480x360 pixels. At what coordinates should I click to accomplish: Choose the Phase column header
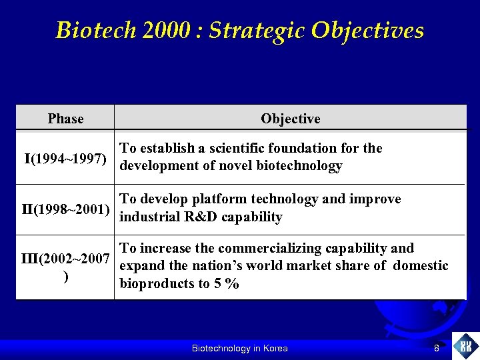pyautogui.click(x=66, y=119)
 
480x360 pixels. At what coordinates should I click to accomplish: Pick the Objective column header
pyautogui.click(x=290, y=119)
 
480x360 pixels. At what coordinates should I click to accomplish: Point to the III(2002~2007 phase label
pyautogui.click(x=65, y=258)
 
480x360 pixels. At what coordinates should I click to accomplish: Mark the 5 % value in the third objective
pyautogui.click(x=229, y=284)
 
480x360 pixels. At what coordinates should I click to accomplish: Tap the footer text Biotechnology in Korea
pyautogui.click(x=239, y=348)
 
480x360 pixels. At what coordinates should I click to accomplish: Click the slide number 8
pyautogui.click(x=436, y=348)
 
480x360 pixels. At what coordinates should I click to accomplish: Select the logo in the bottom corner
pyautogui.click(x=465, y=346)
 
